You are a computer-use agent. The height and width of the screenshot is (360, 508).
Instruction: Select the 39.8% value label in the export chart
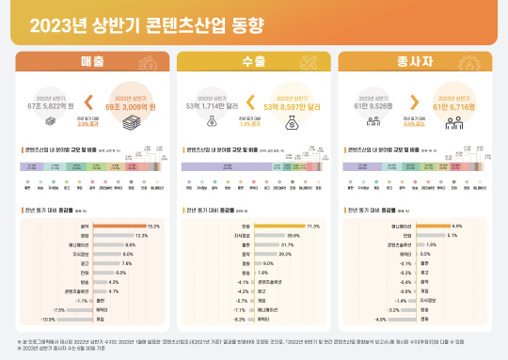click(294, 236)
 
